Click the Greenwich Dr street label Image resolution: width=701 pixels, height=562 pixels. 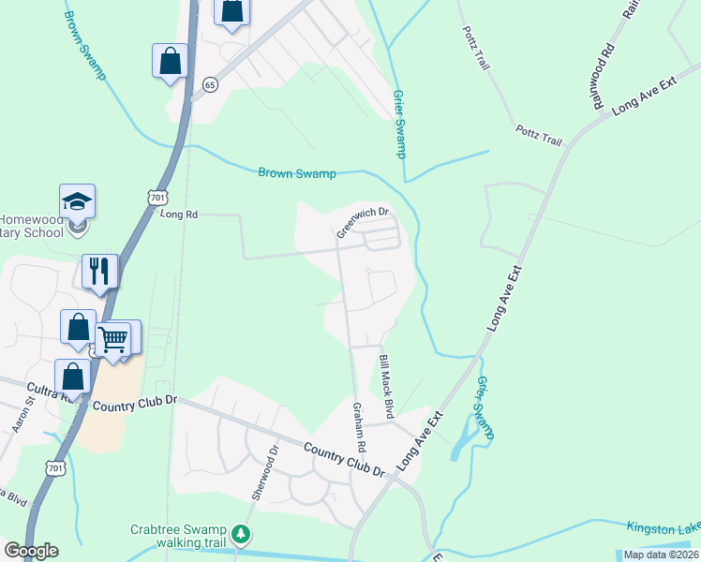click(x=363, y=222)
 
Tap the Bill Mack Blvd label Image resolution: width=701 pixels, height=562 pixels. click(x=383, y=386)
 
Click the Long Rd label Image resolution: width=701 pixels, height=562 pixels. click(x=179, y=214)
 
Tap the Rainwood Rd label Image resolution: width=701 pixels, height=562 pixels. click(x=603, y=76)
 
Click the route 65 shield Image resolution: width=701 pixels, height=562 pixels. click(x=210, y=84)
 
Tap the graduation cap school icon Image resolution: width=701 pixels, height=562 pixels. click(x=77, y=201)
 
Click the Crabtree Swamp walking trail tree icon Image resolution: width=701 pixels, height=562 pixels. click(x=242, y=535)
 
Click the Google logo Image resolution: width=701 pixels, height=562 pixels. click(x=31, y=551)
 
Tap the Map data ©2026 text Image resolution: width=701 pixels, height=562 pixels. click(x=660, y=555)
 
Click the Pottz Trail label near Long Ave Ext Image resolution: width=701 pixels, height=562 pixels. click(x=538, y=135)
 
